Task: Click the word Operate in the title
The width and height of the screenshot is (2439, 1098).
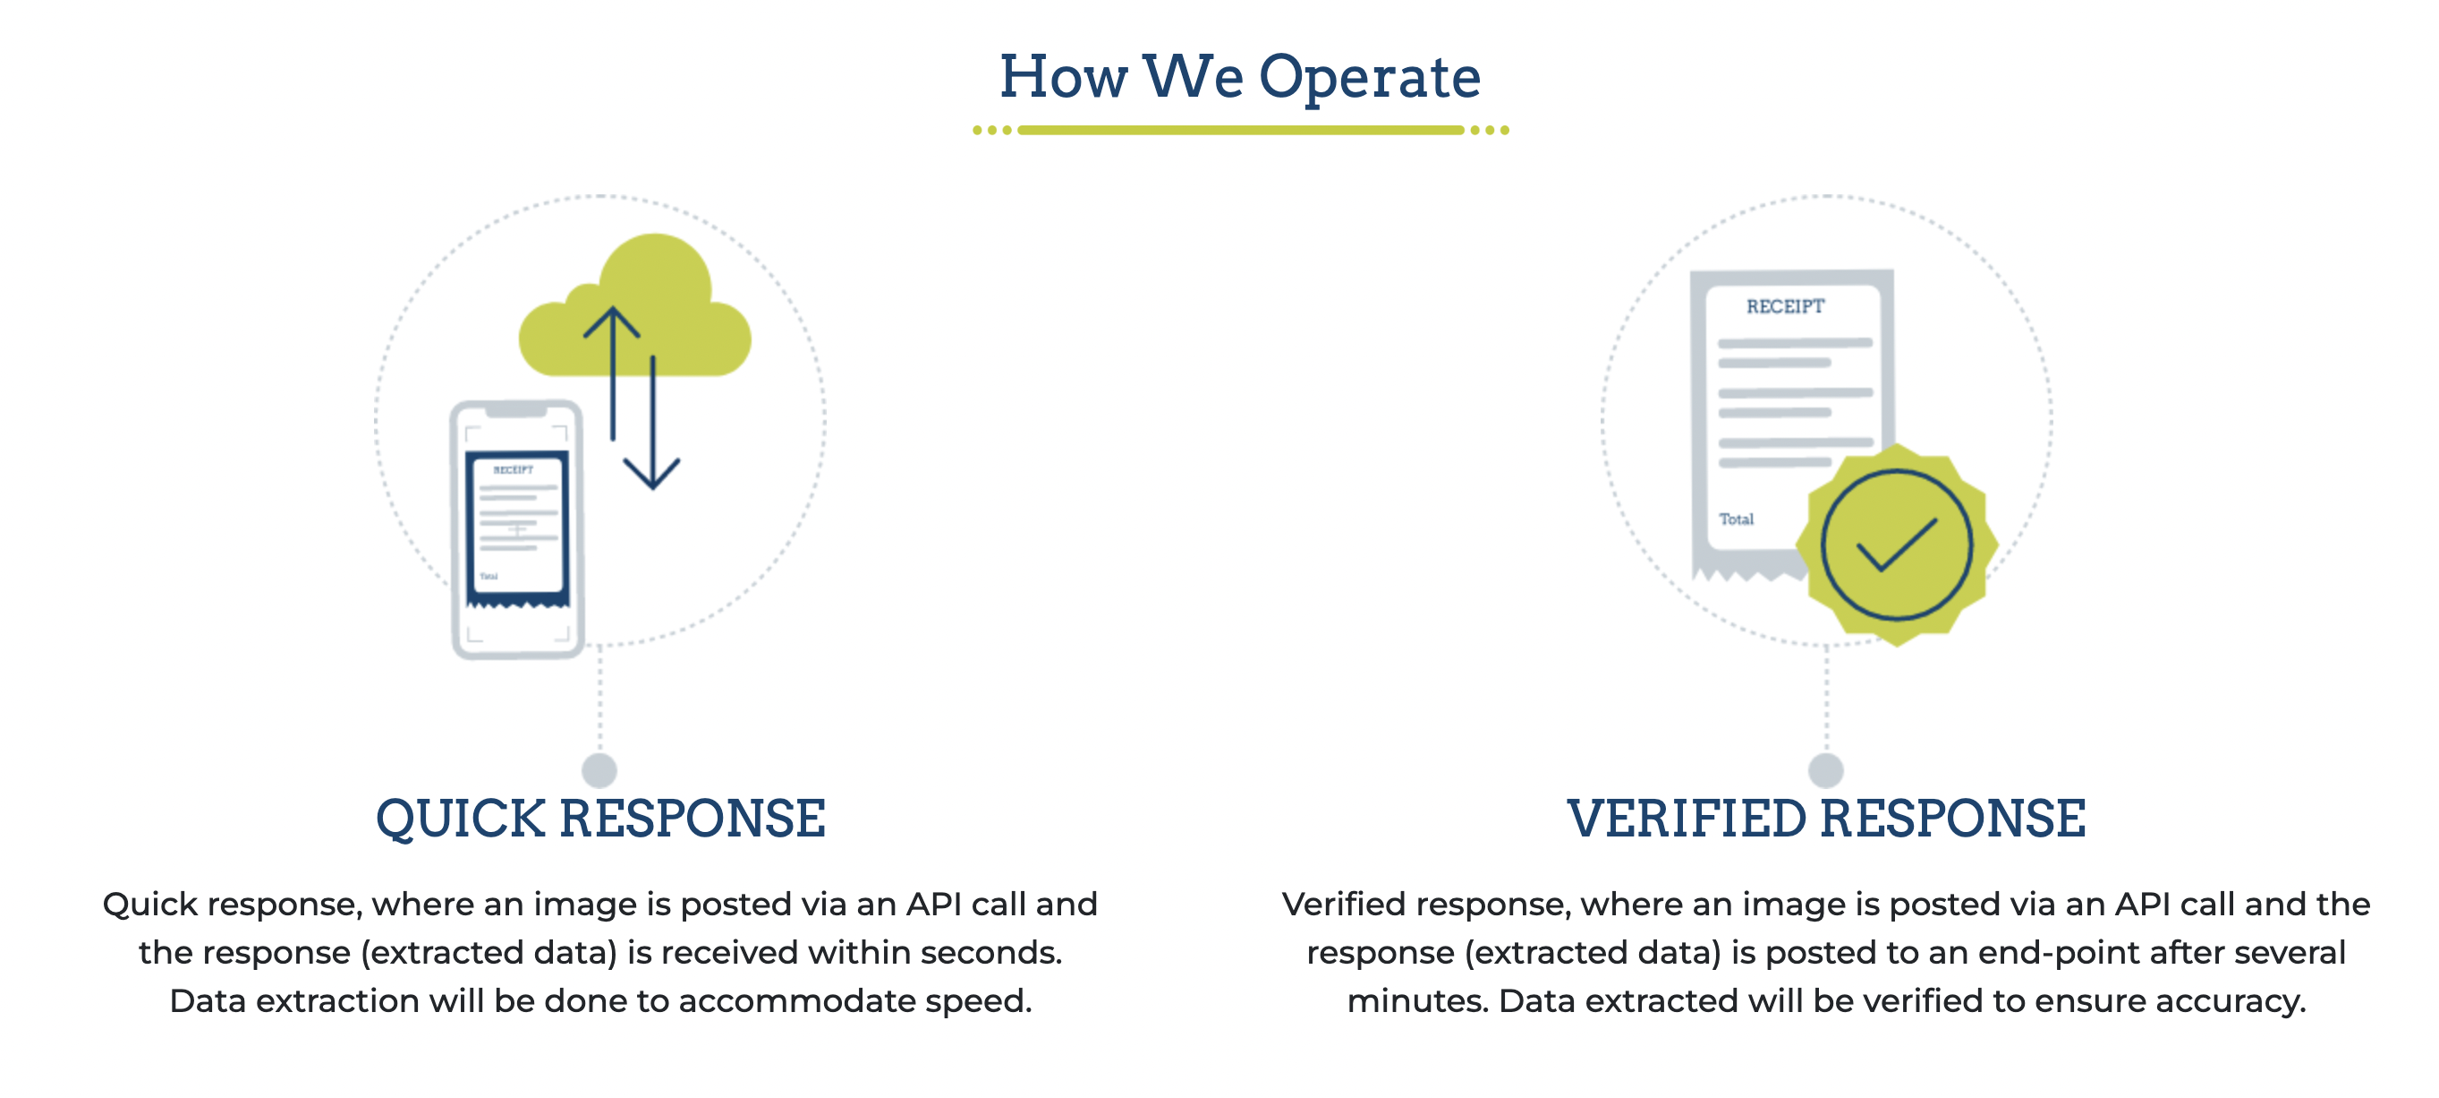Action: (1369, 78)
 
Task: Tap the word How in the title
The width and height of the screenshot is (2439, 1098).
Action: (1063, 78)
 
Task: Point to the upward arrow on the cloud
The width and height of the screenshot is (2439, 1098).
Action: (612, 370)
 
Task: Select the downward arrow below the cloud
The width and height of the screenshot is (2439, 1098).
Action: (652, 426)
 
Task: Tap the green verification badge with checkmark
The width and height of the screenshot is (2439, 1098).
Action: (1897, 545)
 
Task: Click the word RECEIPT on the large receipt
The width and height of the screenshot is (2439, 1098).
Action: (1785, 307)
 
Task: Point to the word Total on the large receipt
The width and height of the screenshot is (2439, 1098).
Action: (1737, 519)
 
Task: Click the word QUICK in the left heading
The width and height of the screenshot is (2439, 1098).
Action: (461, 819)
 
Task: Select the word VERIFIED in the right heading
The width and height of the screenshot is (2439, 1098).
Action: (1687, 819)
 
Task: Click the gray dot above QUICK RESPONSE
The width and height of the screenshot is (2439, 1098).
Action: (599, 769)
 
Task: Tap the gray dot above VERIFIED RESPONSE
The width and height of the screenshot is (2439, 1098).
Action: (1825, 769)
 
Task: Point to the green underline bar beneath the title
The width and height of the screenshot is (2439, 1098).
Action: (1240, 130)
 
